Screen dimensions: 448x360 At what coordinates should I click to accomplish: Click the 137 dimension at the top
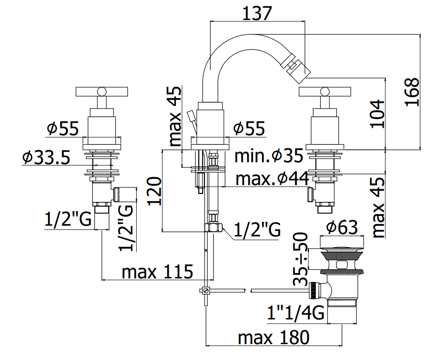tap(257, 14)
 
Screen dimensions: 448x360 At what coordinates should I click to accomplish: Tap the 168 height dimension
tap(412, 92)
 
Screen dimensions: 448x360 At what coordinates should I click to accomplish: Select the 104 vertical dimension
tap(377, 114)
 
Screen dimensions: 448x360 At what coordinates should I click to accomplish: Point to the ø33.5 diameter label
tap(46, 157)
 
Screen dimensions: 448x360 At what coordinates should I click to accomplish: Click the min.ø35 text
tap(269, 156)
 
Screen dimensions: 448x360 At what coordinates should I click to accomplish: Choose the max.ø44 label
tap(272, 179)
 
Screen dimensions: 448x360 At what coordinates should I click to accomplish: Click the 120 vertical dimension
tap(154, 191)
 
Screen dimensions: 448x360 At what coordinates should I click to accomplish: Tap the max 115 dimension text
tap(157, 271)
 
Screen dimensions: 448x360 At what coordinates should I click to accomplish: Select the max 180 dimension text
tap(273, 338)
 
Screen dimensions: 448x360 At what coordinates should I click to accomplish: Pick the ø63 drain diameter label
tap(342, 227)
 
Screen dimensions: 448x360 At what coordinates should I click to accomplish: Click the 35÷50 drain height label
tap(301, 259)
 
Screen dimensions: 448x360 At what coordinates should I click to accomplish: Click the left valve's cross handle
tap(101, 91)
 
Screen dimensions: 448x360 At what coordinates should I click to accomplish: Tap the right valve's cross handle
tap(324, 91)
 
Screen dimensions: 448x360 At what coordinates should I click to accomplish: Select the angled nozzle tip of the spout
tap(295, 69)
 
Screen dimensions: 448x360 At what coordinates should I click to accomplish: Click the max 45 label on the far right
tap(378, 208)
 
